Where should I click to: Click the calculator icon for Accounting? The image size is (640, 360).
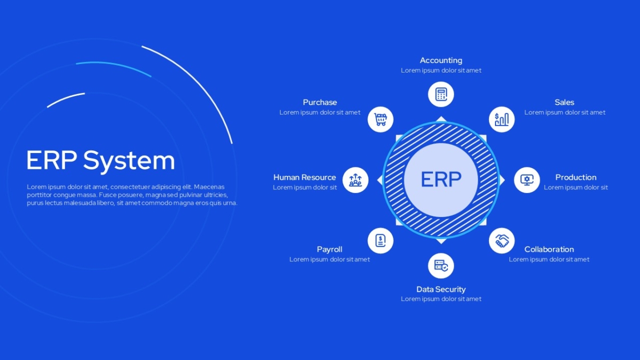pyautogui.click(x=441, y=94)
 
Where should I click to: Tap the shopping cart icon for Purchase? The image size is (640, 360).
pyautogui.click(x=380, y=119)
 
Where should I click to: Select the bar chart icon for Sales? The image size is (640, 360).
pyautogui.click(x=502, y=119)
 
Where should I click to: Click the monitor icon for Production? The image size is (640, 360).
pyautogui.click(x=527, y=180)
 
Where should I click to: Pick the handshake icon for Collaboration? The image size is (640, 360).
pyautogui.click(x=502, y=241)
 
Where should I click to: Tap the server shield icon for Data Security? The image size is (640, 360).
pyautogui.click(x=441, y=266)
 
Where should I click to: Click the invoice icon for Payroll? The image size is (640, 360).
pyautogui.click(x=380, y=241)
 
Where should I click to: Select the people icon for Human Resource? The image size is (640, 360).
pyautogui.click(x=355, y=180)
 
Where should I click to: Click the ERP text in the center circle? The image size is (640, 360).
pyautogui.click(x=441, y=179)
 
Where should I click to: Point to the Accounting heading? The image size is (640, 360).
pyautogui.click(x=441, y=61)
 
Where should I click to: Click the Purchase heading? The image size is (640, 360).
pyautogui.click(x=319, y=102)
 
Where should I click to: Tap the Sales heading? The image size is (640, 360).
pyautogui.click(x=564, y=102)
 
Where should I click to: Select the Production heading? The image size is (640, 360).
pyautogui.click(x=575, y=178)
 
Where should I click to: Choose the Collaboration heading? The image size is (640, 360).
pyautogui.click(x=549, y=250)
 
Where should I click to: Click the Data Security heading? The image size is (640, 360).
pyautogui.click(x=441, y=290)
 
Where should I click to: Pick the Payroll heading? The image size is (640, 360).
pyautogui.click(x=330, y=250)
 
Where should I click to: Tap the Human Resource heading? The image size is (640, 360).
pyautogui.click(x=305, y=178)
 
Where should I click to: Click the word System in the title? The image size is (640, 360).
pyautogui.click(x=129, y=161)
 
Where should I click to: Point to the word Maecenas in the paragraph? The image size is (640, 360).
pyautogui.click(x=209, y=187)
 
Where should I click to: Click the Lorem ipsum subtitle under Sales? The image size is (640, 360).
pyautogui.click(x=565, y=113)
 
